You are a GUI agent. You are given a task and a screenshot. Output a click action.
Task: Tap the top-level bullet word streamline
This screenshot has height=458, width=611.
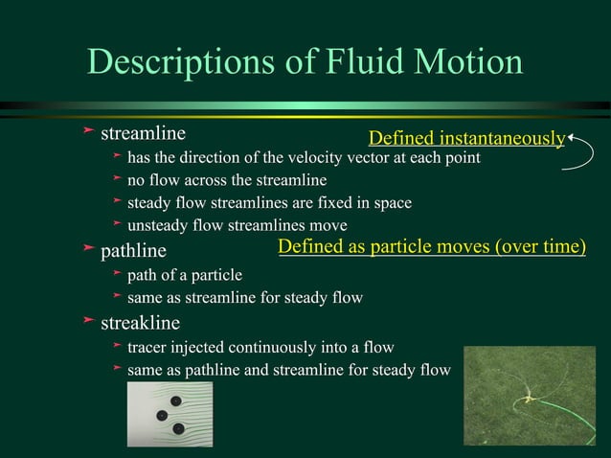[x=143, y=130]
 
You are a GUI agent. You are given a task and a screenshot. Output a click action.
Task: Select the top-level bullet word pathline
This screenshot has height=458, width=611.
[x=133, y=251]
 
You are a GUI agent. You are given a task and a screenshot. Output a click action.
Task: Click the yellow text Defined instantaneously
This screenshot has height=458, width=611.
[x=466, y=139]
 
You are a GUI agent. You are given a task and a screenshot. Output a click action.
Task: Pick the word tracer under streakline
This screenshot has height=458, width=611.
[x=149, y=347]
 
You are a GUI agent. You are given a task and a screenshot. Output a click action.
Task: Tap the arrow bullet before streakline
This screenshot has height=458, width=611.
[x=88, y=322]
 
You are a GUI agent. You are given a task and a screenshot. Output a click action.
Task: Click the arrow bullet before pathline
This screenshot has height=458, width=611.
[x=88, y=251]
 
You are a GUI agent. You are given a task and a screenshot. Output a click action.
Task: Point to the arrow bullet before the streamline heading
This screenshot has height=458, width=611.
[x=88, y=130]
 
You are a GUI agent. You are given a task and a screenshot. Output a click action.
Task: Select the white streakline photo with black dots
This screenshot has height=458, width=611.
[x=170, y=413]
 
